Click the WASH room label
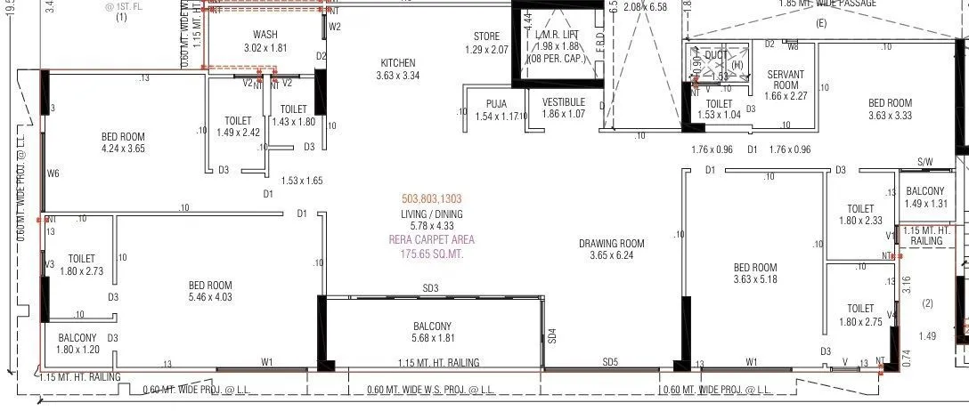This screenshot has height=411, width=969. pos(265,35)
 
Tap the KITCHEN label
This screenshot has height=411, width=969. pos(397,63)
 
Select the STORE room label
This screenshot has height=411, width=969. pos(486,36)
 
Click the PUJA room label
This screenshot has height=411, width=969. pos(496,104)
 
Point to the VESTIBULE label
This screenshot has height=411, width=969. pos(564,102)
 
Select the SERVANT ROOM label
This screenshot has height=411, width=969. pos(785,80)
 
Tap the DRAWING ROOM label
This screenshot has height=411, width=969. pos(611,243)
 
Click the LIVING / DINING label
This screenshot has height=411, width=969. pos(432,214)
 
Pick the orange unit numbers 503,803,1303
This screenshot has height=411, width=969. pos(432,199)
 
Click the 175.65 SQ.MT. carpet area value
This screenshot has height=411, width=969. pos(432,254)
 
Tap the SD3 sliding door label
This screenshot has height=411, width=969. pos(431,288)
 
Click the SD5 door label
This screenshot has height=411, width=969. pos(610,362)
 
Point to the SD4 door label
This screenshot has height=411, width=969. pos(552,336)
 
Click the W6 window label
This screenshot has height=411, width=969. pos(53,173)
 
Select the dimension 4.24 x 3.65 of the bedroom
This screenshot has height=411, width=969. pos(123,149)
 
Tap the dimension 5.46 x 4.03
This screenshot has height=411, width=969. pos(210,297)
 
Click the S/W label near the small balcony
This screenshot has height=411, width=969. pos(924,163)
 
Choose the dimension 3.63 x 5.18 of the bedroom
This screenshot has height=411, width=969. pos(755,279)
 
